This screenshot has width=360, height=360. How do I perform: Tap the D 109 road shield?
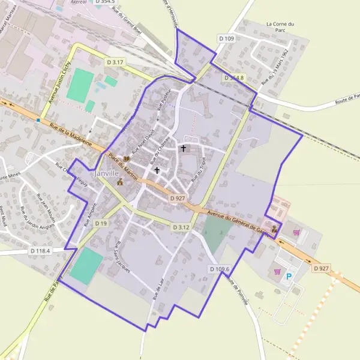point(226,38)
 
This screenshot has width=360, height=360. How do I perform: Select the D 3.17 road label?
point(115,62)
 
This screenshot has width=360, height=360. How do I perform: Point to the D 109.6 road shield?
point(220,269)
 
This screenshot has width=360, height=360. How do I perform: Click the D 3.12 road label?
point(181,227)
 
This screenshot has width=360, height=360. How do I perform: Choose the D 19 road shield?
point(100,224)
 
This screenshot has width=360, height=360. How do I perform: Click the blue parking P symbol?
point(289,277)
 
